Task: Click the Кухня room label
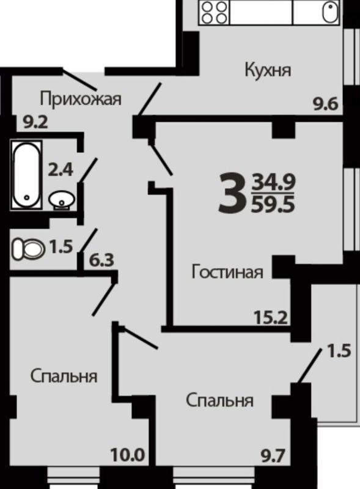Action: tap(267, 69)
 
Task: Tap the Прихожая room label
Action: tap(81, 98)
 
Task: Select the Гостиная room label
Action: tap(227, 271)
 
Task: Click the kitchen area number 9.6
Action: tap(325, 104)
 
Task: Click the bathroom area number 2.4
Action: tap(61, 170)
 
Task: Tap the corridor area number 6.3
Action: tap(102, 262)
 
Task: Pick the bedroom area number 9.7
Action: tap(273, 455)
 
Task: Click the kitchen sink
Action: tap(331, 13)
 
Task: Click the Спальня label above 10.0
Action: tap(64, 376)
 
